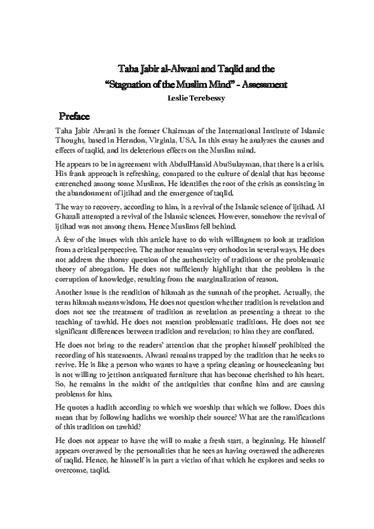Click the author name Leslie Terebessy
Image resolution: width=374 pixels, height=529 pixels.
[187, 99]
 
